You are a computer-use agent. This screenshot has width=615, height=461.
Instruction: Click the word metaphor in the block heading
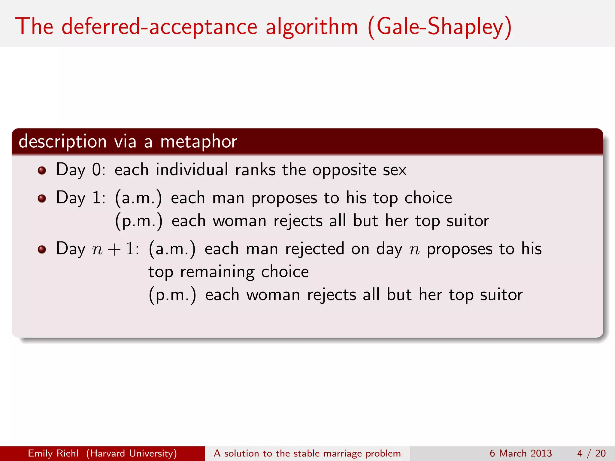coord(198,142)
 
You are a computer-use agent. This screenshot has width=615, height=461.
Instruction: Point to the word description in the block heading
coord(62,142)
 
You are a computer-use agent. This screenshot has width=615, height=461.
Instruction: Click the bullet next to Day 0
coord(42,170)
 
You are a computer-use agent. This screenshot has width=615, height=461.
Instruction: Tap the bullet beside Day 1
coord(42,198)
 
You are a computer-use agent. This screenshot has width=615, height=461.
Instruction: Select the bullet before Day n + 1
coord(42,249)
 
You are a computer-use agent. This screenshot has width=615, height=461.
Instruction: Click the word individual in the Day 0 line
coord(192,170)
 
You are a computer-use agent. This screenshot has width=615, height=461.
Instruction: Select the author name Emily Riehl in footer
coord(53,453)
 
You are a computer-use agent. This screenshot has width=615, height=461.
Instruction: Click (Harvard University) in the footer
coord(132,453)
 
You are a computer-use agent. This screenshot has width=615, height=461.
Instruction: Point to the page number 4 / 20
coord(591,453)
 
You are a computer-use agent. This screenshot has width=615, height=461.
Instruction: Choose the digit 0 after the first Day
coord(96,170)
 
